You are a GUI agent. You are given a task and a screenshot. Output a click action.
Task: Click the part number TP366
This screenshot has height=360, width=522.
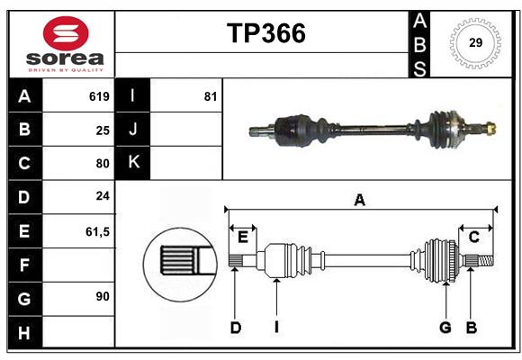[265, 33]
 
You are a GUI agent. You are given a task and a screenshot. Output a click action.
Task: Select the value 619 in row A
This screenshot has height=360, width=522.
[99, 96]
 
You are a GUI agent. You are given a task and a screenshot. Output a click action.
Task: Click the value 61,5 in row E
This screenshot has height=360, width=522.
[96, 231]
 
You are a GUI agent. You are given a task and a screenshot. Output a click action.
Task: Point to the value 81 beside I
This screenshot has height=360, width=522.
[211, 96]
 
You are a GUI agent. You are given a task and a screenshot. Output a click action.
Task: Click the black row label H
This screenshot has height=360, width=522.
[24, 332]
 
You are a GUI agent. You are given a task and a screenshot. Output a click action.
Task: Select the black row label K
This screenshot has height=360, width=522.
[133, 163]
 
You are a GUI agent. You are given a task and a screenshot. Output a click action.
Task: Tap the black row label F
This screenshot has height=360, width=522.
[24, 265]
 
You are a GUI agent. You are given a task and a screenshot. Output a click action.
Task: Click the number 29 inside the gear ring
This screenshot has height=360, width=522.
[474, 42]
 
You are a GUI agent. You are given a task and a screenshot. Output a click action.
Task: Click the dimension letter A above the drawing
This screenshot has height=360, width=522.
[359, 201]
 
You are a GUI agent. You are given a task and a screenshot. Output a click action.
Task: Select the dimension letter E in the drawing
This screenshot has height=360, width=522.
[243, 237]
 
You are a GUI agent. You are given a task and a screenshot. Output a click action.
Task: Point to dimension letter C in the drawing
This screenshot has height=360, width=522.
[473, 237]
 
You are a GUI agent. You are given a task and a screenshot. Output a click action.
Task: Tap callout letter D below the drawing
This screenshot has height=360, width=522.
[235, 328]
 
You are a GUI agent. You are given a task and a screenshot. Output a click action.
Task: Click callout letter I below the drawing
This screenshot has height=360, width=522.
[277, 328]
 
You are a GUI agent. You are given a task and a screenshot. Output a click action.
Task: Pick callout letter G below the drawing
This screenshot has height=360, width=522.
[445, 328]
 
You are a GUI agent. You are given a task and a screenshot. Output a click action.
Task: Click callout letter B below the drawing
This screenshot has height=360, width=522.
[471, 328]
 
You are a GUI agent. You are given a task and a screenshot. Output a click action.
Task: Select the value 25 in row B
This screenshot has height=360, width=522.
[102, 130]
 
